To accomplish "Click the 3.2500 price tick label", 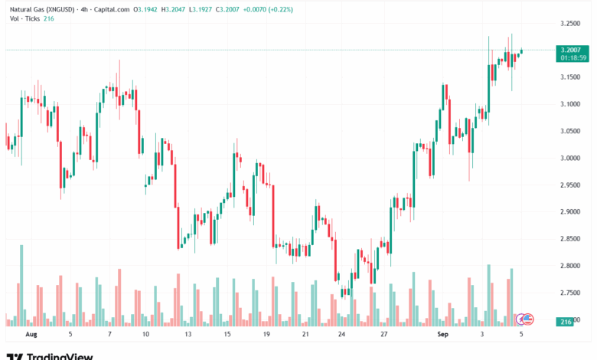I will pos(569,23).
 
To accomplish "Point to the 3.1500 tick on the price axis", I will pos(569,77).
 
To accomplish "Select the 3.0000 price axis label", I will pos(569,158).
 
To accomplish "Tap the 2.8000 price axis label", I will pos(569,266).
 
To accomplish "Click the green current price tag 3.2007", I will pos(569,49).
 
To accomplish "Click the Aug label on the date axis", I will pos(31,335).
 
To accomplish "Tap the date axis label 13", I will pos(188,335).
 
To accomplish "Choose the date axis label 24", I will pos(341,335).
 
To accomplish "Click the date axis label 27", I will pos(383,335).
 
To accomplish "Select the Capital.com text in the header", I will pos(112,9).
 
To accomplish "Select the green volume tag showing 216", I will pos(566,322).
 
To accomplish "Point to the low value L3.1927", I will pos(202,9).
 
